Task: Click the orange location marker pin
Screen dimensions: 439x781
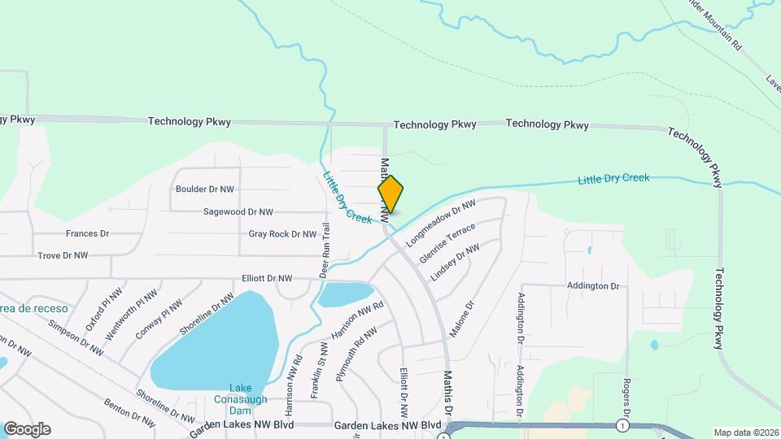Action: click(x=390, y=194)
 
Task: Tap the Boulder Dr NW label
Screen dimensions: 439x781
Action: click(x=205, y=189)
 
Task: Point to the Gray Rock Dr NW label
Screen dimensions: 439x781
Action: click(x=282, y=234)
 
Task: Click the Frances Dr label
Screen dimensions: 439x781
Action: click(x=87, y=233)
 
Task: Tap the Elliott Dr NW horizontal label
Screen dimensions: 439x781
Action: click(x=267, y=278)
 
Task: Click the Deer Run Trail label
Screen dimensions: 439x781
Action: click(x=324, y=250)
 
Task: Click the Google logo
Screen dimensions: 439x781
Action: click(x=27, y=428)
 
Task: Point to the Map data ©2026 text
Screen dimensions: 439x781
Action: click(x=746, y=432)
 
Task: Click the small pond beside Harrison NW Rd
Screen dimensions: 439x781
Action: click(x=345, y=294)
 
